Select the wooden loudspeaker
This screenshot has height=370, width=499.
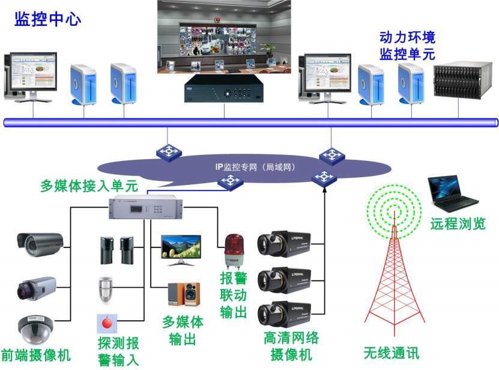pos(184,294)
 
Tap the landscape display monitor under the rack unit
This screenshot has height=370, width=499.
pos(181,249)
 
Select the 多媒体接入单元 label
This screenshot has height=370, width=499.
pos(89,184)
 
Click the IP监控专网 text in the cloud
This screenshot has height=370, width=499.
pos(256,166)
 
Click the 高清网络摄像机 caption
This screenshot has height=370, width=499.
pos(291,345)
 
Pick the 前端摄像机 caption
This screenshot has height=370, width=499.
pos(35,355)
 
